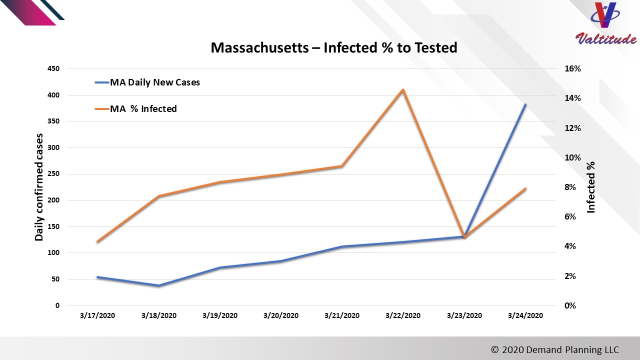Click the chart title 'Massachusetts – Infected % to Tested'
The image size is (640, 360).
(333, 48)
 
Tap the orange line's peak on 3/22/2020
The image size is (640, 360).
(403, 90)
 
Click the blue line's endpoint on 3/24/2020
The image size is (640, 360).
(525, 104)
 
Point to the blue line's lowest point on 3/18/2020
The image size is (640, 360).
(158, 285)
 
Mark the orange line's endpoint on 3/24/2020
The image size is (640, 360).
(525, 188)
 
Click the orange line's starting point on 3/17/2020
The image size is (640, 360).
(97, 242)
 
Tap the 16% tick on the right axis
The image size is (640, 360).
(573, 69)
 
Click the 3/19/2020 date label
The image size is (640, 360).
(220, 315)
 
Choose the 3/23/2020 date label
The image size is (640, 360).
(464, 315)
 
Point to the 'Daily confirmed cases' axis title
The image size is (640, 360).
(39, 187)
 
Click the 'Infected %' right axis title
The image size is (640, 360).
(591, 187)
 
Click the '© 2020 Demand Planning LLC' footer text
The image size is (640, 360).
(555, 349)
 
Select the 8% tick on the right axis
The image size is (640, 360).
(573, 187)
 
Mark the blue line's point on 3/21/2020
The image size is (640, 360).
(342, 246)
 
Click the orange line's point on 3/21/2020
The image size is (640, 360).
(342, 166)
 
